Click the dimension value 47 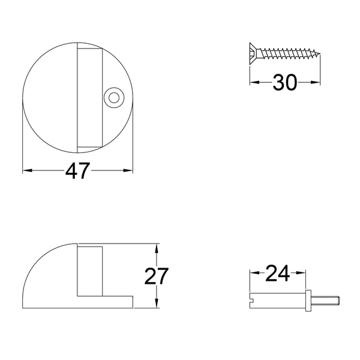(77, 171)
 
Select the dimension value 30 (284, 82)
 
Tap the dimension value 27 (157, 276)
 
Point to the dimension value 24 (277, 273)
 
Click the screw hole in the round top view (114, 98)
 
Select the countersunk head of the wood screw (253, 54)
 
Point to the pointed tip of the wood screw (319, 55)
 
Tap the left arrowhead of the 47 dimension (27, 170)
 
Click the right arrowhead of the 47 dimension (128, 170)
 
